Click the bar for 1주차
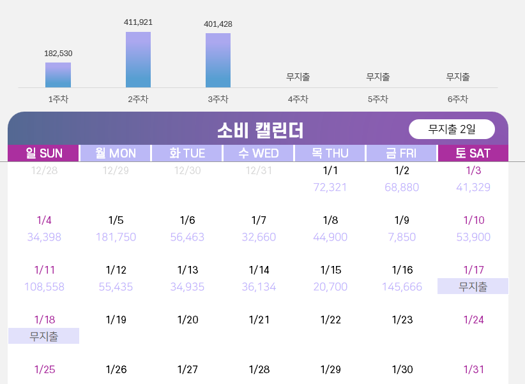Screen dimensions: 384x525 pyautogui.click(x=58, y=75)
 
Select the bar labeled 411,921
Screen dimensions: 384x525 pyautogui.click(x=139, y=59)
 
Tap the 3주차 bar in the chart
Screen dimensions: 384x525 pyautogui.click(x=218, y=60)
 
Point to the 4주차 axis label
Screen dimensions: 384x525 pyautogui.click(x=298, y=100)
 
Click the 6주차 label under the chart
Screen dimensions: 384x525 pyautogui.click(x=458, y=100)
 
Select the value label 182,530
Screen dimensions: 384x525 pyautogui.click(x=58, y=54)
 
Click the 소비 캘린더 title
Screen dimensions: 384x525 pyautogui.click(x=260, y=130)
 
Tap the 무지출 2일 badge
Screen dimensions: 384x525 pyautogui.click(x=452, y=129)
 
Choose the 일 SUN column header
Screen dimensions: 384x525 pyautogui.click(x=43, y=153)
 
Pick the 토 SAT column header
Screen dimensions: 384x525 pyautogui.click(x=473, y=153)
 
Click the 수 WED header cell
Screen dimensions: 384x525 pyautogui.click(x=259, y=153)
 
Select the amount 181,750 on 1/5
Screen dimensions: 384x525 pyautogui.click(x=116, y=237)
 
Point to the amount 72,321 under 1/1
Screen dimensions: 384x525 pyautogui.click(x=330, y=188)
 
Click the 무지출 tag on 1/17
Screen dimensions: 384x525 pyautogui.click(x=473, y=287)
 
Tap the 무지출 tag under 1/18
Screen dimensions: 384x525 pyautogui.click(x=44, y=336)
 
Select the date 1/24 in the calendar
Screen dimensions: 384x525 pyautogui.click(x=473, y=320)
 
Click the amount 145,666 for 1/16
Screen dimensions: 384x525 pyautogui.click(x=402, y=287)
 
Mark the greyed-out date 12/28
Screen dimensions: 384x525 pyautogui.click(x=44, y=170)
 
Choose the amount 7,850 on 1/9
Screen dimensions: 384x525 pyautogui.click(x=402, y=237)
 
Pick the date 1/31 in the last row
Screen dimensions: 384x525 pyautogui.click(x=473, y=370)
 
